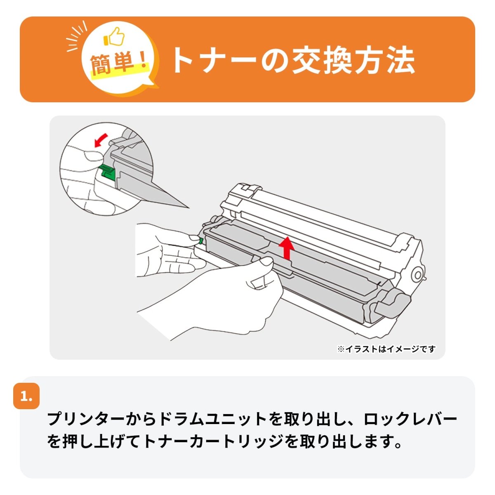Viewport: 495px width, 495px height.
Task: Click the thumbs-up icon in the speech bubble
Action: [x=114, y=37]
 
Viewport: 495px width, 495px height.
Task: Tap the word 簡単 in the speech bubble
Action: [x=113, y=64]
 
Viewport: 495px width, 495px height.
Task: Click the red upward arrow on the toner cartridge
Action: [x=287, y=248]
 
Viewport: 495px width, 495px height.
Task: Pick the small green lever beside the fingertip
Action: [x=201, y=240]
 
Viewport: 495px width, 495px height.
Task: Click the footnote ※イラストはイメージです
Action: [x=387, y=349]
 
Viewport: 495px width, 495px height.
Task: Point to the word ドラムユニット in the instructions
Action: [x=213, y=419]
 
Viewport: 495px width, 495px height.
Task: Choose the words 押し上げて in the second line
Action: [x=103, y=441]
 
